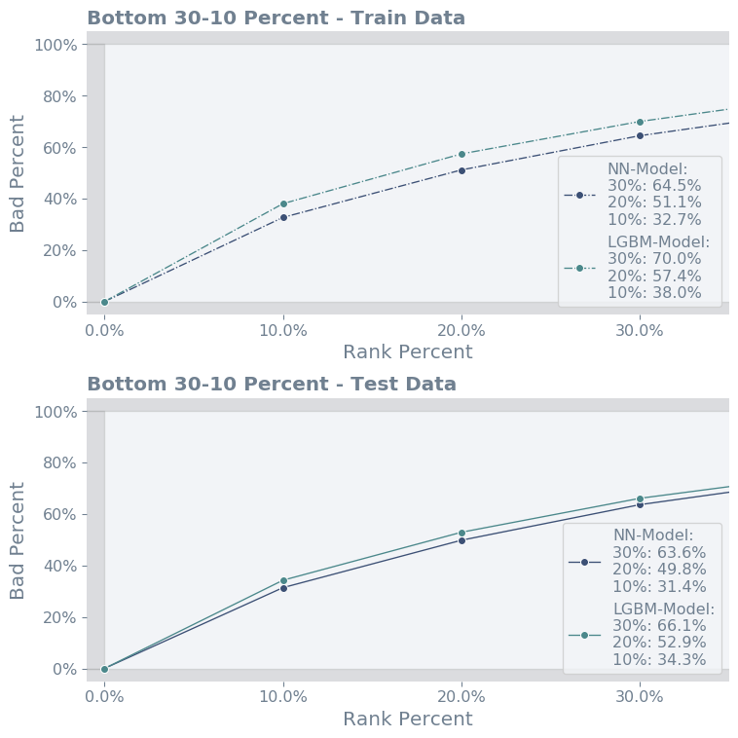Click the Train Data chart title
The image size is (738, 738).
coord(276,18)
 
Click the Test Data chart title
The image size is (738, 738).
coord(272,384)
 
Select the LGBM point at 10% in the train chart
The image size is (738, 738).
coord(283,203)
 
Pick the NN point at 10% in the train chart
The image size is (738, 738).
coord(283,217)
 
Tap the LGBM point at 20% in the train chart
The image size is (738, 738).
coord(461,154)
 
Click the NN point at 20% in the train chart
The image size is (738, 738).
coord(461,170)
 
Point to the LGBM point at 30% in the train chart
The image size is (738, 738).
coord(640,122)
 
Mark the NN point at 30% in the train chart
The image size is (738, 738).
coord(640,135)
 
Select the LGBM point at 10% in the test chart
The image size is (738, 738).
coord(283,580)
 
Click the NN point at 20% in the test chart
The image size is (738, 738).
coord(461,540)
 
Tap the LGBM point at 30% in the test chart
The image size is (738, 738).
coord(640,498)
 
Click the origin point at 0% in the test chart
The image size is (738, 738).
coord(104,669)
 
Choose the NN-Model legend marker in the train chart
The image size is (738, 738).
coord(579,195)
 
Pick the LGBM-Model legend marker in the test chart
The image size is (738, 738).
coord(584,635)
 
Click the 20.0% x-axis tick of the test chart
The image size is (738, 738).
coord(461,696)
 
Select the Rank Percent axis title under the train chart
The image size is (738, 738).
coord(408,352)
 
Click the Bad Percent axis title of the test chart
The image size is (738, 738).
coord(18,539)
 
